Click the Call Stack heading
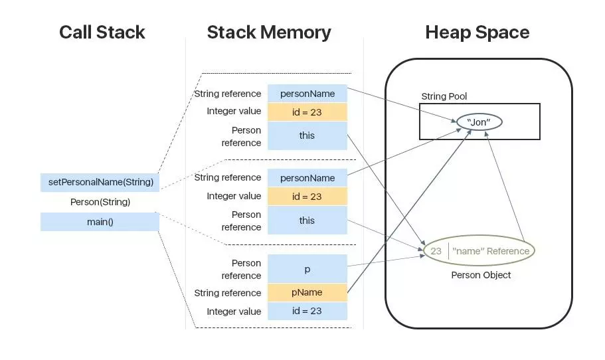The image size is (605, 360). coord(102,32)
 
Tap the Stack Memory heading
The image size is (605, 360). coord(269,33)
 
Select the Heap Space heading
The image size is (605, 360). coord(477,33)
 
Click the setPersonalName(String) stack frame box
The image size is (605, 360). coord(100,182)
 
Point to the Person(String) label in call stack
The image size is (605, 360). coord(100,202)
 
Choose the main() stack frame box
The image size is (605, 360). coord(100,222)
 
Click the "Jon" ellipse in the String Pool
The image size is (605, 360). coord(479,122)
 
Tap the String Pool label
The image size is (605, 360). coord(444,96)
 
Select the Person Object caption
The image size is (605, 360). coord(481,275)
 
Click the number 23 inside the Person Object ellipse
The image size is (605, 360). coord(436,251)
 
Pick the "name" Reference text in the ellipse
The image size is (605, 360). coord(491,251)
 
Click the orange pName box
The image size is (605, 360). coord(307,292)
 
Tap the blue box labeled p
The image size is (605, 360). coord(307,269)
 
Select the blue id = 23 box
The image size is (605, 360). coord(307,311)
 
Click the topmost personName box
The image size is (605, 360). coord(307,94)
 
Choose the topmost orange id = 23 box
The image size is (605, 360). coord(307,112)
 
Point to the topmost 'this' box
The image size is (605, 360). coord(307,135)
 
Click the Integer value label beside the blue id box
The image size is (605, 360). coord(234,312)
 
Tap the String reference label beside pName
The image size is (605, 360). coord(228,293)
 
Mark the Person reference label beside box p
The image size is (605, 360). coord(241,269)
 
